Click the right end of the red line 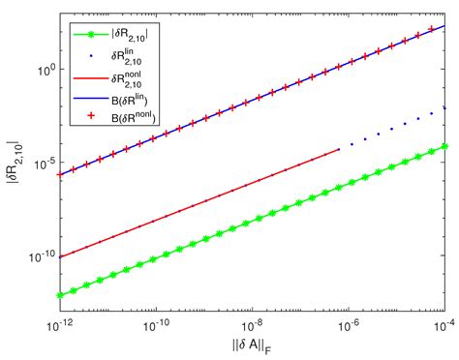pyautogui.click(x=339, y=150)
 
